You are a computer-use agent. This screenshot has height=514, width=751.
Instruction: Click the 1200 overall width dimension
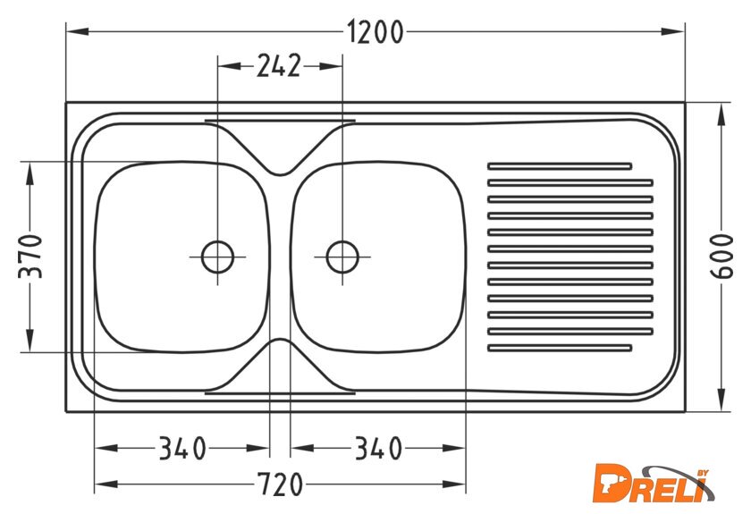pyautogui.click(x=375, y=32)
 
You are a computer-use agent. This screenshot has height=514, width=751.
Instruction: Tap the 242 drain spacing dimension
pyautogui.click(x=279, y=65)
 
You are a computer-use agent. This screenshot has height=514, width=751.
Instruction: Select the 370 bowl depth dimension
pyautogui.click(x=30, y=256)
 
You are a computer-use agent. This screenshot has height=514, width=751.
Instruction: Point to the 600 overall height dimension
pyautogui.click(x=721, y=256)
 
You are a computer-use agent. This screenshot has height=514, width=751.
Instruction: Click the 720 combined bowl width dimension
pyautogui.click(x=280, y=485)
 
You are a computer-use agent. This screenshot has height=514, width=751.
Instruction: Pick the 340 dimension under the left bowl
pyautogui.click(x=182, y=449)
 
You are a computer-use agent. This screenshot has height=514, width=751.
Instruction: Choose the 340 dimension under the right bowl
pyautogui.click(x=378, y=449)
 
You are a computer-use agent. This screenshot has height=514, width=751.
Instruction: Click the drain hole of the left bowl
pyautogui.click(x=218, y=257)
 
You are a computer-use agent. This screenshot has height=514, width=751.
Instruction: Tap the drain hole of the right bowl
pyautogui.click(x=342, y=257)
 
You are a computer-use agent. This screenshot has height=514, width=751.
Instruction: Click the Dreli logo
pyautogui.click(x=654, y=484)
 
